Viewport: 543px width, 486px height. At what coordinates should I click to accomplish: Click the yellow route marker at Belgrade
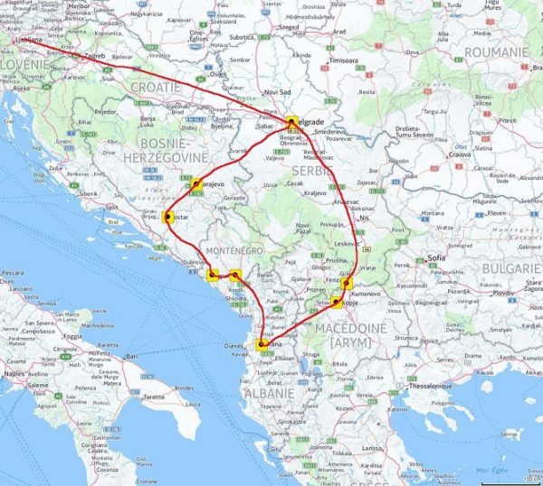click(291, 120)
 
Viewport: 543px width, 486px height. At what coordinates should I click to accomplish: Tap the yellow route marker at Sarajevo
click(195, 184)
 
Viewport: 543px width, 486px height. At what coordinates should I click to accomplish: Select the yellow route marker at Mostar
click(168, 216)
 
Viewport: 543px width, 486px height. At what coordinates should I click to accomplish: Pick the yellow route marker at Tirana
click(262, 343)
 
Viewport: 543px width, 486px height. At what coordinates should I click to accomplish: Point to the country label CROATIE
click(157, 89)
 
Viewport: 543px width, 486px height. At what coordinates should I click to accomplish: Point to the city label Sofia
click(438, 257)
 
